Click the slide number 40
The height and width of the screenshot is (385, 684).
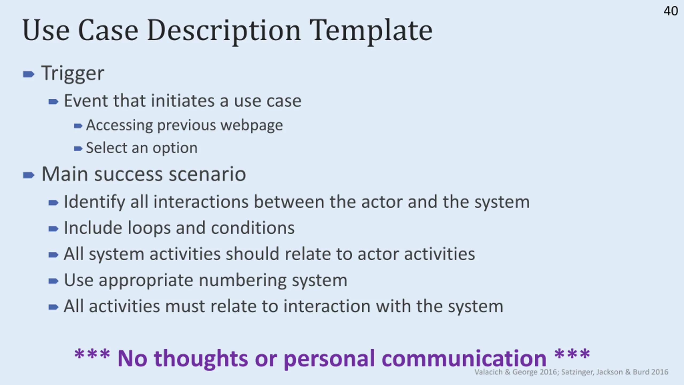(x=671, y=11)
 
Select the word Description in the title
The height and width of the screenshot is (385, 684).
(x=224, y=31)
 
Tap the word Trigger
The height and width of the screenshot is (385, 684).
(x=73, y=73)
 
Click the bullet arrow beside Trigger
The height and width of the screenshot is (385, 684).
(x=29, y=74)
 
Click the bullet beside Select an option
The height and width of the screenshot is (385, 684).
(x=78, y=148)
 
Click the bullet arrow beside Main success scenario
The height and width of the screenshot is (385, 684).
(x=29, y=175)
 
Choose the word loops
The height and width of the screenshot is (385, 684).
(x=149, y=228)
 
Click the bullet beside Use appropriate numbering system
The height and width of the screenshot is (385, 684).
(x=53, y=281)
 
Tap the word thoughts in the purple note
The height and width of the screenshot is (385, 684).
(x=201, y=358)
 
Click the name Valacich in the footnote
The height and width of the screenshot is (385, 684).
(x=488, y=372)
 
